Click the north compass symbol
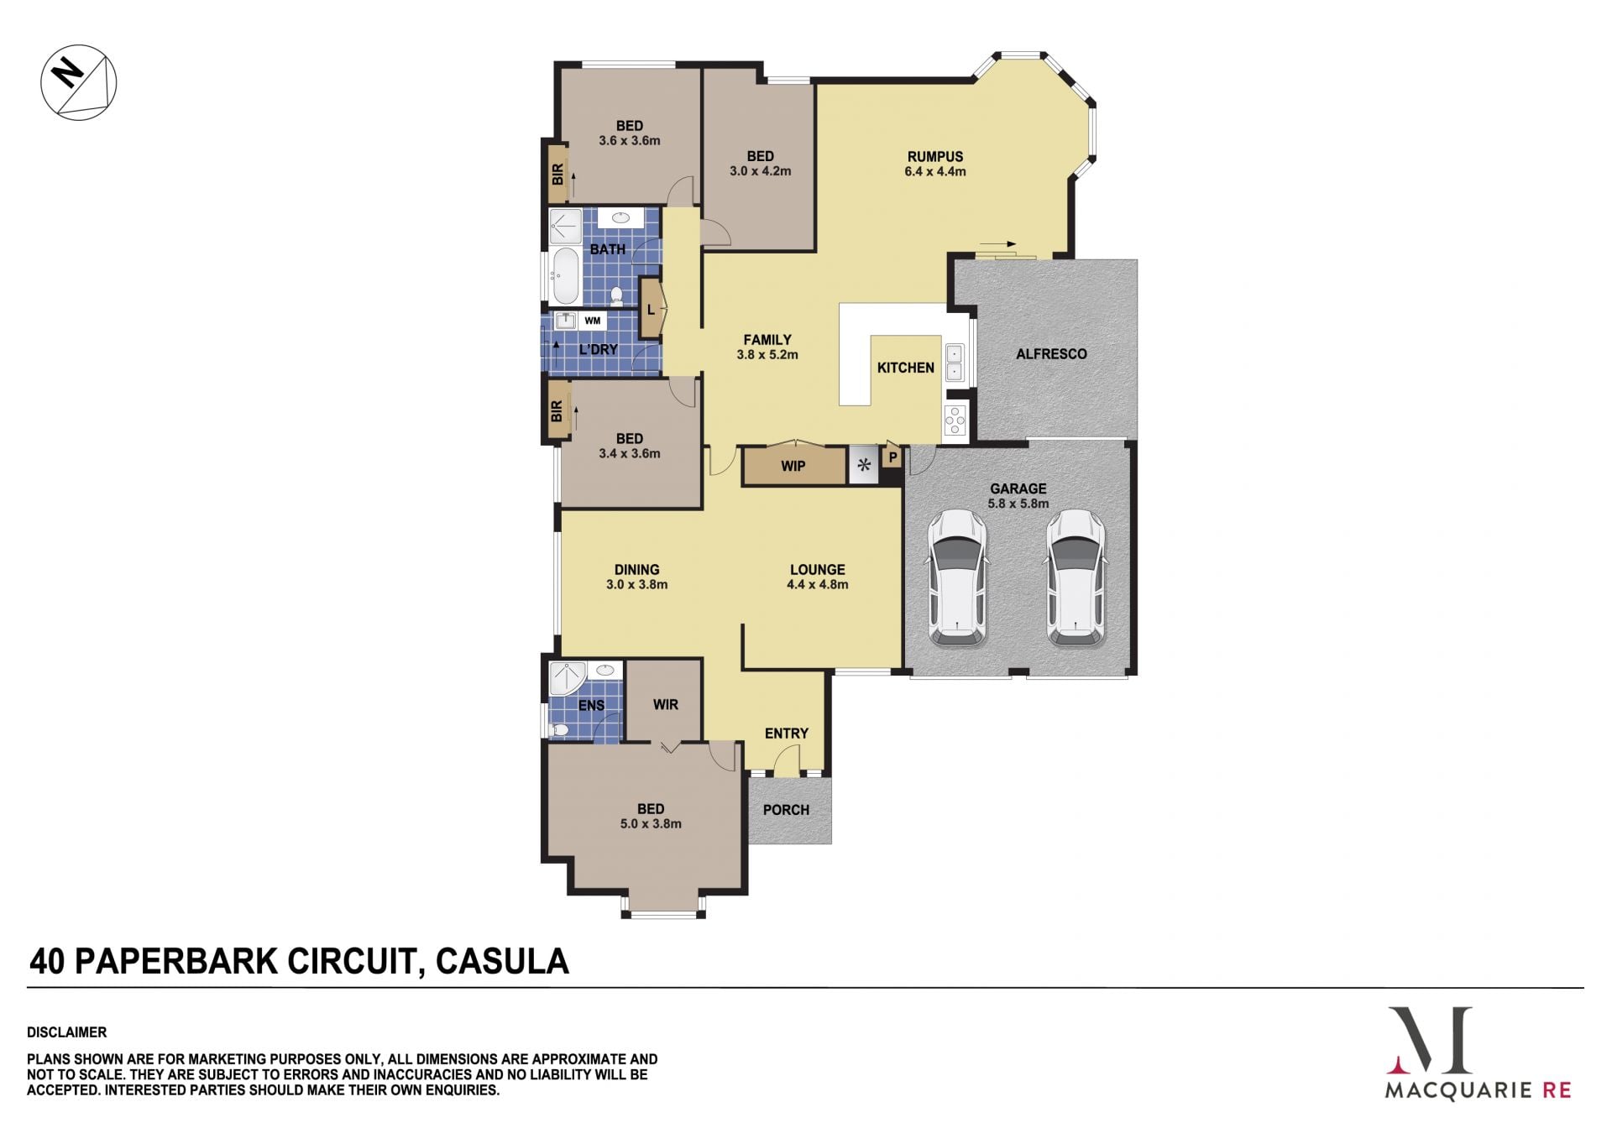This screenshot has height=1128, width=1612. tap(79, 82)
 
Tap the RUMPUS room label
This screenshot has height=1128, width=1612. tap(935, 156)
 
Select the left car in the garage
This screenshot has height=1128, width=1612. tap(957, 578)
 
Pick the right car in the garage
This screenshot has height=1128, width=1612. tap(1076, 578)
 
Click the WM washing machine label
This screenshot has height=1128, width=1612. tap(593, 321)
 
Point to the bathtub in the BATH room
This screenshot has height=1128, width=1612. tap(565, 275)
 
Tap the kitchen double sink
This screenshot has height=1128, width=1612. tap(955, 362)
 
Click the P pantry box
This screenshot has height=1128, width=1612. tap(892, 457)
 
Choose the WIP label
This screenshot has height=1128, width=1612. tap(793, 466)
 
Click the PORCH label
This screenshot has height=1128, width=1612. tap(787, 810)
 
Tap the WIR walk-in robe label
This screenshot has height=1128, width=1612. tap(666, 705)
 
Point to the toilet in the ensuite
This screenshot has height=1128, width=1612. tap(558, 730)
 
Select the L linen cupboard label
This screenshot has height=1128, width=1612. tap(651, 310)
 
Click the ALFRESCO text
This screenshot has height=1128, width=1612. tap(1052, 354)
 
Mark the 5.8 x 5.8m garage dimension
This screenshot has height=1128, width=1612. tap(1018, 504)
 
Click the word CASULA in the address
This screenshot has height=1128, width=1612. tap(503, 961)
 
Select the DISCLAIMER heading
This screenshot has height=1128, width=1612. tap(67, 1032)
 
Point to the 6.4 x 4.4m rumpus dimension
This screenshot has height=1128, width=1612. tap(935, 171)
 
